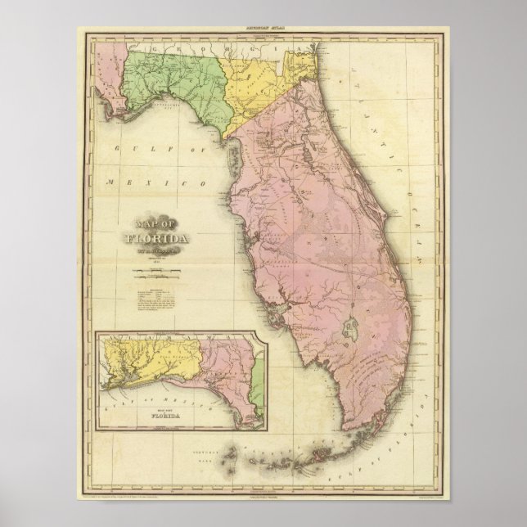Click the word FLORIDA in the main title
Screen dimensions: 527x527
tap(158, 240)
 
